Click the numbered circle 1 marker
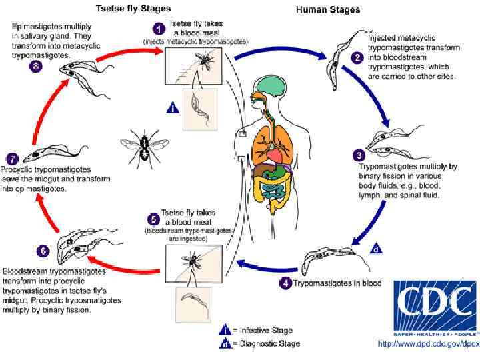pos(159,29)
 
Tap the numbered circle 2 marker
pos(357,59)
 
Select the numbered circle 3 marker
pos(359,155)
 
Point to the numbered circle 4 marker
pos(285,283)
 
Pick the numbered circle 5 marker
pos(153,218)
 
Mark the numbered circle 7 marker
pos(11,159)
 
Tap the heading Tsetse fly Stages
pos(133,9)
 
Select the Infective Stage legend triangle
pos(225,329)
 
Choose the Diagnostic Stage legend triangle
pos(225,343)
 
